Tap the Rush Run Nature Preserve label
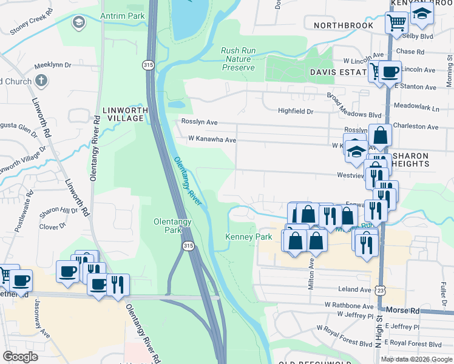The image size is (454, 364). [238, 59]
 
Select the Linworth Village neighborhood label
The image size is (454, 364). [126, 114]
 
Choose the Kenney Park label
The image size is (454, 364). [249, 237]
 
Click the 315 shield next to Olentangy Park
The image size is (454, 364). [188, 245]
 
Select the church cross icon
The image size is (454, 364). [41, 80]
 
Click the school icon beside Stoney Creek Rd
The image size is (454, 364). [78, 22]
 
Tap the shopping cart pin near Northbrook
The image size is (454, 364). [396, 22]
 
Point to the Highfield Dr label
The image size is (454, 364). [295, 111]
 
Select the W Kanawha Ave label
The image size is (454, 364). [211, 140]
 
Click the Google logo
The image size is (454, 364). [21, 356]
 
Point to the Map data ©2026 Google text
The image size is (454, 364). [416, 359]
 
